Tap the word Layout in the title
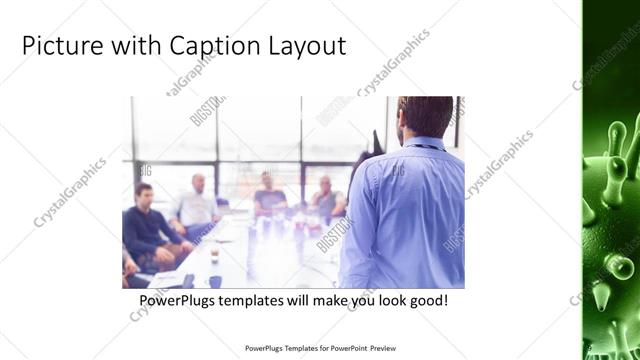[305, 46]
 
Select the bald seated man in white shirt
[196, 202]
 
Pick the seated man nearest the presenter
[326, 198]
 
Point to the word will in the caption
[304, 300]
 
